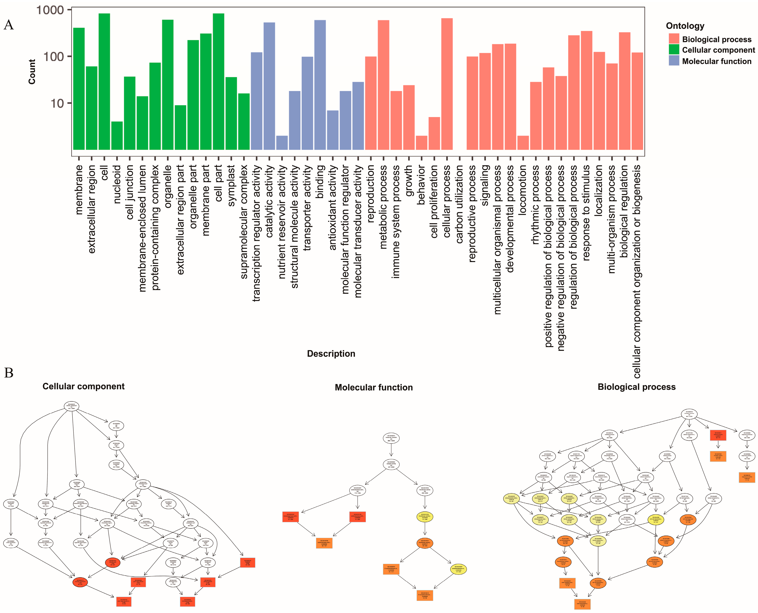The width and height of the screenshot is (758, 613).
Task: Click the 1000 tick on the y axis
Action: click(50, 10)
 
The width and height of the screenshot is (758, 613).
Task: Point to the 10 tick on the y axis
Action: click(57, 103)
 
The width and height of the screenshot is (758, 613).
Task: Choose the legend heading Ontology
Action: click(685, 26)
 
